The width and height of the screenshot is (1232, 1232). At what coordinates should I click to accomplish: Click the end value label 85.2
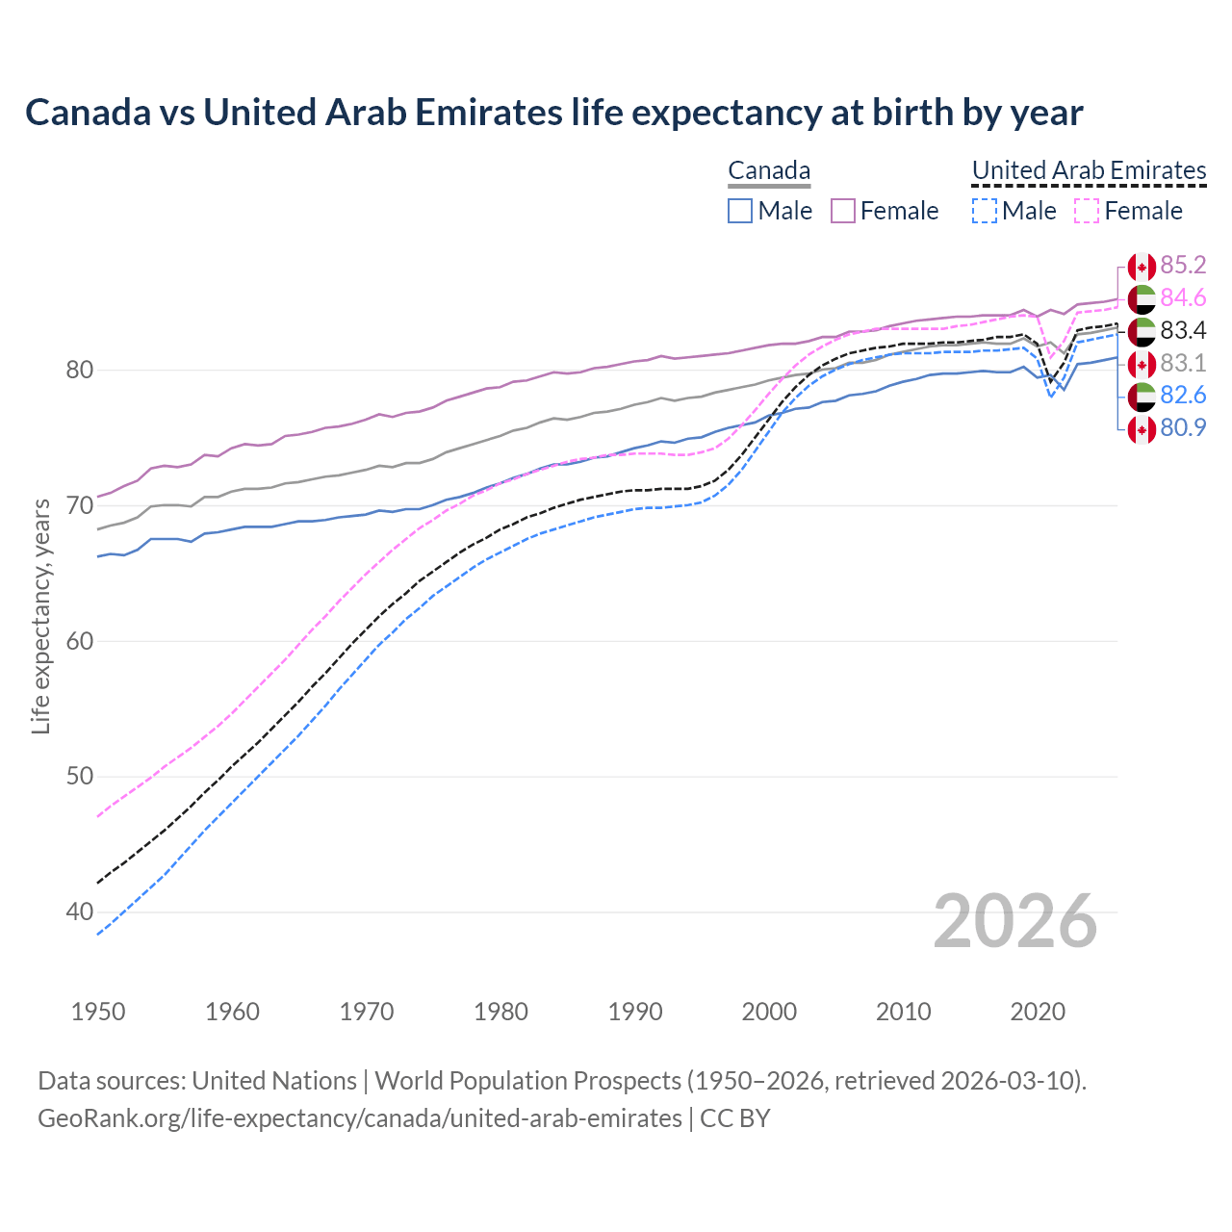click(1183, 266)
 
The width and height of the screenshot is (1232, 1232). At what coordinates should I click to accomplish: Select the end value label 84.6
click(1183, 298)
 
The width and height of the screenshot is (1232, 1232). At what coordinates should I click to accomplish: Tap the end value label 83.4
click(1183, 331)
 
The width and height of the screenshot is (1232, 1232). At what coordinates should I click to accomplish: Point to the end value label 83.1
click(1183, 364)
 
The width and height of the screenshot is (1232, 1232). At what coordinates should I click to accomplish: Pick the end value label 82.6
click(1183, 396)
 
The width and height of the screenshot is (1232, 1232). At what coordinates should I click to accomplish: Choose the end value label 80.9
click(1183, 428)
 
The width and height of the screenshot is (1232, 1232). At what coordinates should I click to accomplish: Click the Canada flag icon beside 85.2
click(1142, 267)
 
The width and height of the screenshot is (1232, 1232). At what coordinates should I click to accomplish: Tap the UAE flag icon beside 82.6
click(1142, 397)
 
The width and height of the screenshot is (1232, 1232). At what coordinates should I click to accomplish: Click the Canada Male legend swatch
click(740, 211)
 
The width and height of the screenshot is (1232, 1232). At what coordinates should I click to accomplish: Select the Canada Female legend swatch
click(843, 211)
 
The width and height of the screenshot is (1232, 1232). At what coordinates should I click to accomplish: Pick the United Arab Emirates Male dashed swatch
click(984, 211)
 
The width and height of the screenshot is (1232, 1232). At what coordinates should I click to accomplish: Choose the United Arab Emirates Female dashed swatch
click(1087, 211)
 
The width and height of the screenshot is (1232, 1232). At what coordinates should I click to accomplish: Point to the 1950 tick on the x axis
click(98, 1012)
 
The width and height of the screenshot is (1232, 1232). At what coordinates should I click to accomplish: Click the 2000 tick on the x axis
click(769, 1012)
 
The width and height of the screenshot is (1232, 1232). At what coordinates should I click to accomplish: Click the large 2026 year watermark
click(1015, 921)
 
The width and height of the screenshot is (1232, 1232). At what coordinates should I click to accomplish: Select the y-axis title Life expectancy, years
click(41, 616)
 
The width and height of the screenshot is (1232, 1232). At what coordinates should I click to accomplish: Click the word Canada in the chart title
click(88, 113)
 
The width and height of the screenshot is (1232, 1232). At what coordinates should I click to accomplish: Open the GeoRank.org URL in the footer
click(359, 1118)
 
